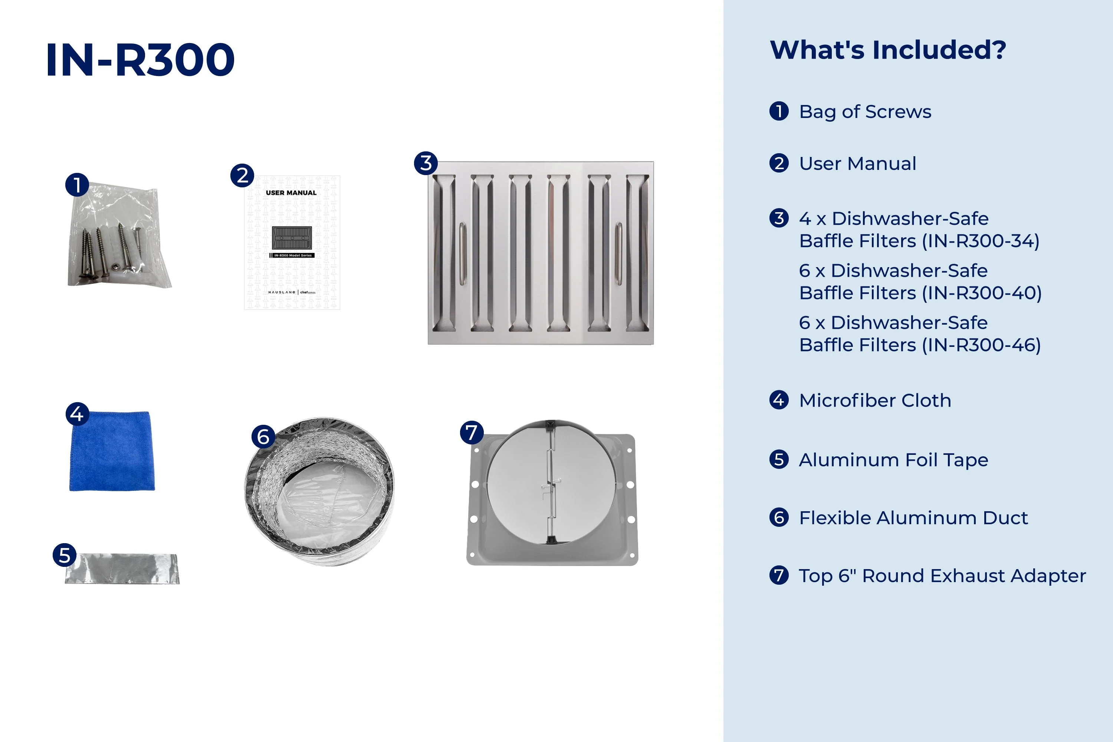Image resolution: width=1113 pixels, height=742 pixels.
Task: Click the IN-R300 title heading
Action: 140,60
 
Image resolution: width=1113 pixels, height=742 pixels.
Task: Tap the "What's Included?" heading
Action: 888,50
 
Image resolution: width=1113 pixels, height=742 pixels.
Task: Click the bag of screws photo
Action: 119,235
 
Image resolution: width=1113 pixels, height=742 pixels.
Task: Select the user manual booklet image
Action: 292,243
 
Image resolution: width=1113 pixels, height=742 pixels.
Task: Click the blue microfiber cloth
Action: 112,451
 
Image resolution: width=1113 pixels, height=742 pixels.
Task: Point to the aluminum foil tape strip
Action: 122,569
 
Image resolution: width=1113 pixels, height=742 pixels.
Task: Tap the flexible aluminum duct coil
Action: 319,491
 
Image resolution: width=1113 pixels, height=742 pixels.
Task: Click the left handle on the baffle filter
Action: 463,254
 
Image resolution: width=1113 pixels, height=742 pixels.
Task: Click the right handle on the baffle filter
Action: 618,254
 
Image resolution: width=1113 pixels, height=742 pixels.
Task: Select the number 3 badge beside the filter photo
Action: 426,163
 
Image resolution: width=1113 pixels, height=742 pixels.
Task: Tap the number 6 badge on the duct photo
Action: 263,436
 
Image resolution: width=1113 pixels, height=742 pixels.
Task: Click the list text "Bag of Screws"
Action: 865,112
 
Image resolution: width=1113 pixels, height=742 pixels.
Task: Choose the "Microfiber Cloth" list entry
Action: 875,400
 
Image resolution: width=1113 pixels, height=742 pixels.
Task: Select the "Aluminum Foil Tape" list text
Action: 893,460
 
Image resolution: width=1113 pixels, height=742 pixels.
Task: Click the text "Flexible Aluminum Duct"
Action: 913,518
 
